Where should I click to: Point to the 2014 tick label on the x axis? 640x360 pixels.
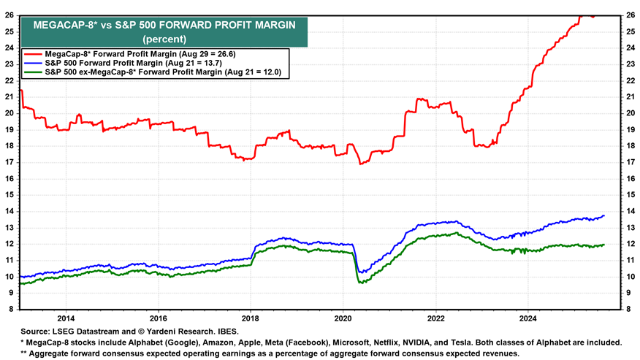pos(65,319)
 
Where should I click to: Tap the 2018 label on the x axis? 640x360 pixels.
pos(251,319)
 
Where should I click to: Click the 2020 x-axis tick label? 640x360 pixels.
pos(343,319)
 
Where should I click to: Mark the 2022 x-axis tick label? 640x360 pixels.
pos(436,319)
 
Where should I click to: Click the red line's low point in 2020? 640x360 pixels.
pos(362,164)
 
